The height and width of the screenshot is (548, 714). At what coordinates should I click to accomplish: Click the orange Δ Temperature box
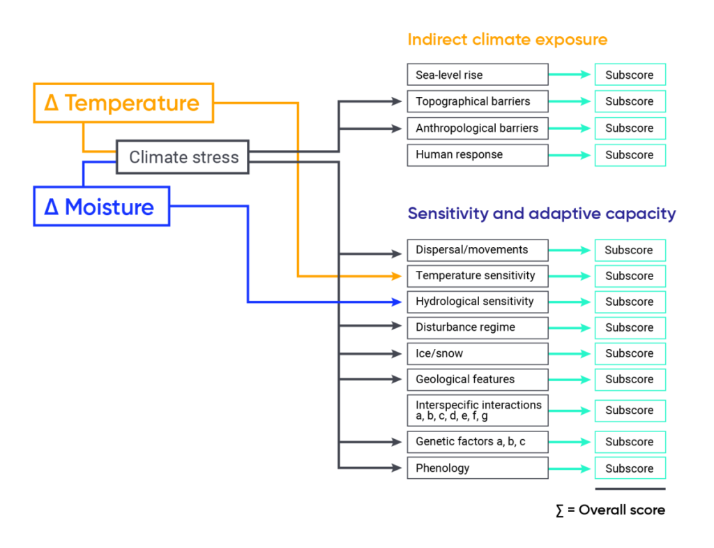coord(123,103)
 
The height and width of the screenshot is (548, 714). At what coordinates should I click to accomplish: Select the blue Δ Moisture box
coord(102,207)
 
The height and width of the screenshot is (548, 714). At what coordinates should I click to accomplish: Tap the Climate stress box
coord(183,157)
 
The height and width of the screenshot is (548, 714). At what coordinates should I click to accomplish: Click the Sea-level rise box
coord(477,75)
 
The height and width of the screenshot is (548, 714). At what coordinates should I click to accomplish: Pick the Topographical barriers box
coord(477,101)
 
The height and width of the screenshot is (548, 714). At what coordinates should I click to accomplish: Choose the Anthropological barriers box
coord(477,128)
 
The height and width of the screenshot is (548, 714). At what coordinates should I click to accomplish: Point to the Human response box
coord(477,155)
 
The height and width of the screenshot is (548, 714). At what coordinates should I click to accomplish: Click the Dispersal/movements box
coord(477,250)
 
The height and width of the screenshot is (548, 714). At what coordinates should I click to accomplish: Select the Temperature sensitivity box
coord(477,276)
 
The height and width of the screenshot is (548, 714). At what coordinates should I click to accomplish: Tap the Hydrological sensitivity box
coord(477,302)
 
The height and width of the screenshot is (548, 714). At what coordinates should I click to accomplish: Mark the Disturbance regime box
coord(477,327)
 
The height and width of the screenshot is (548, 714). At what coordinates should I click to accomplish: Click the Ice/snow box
coord(477,353)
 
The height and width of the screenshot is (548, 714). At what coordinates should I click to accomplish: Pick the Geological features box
coord(477,379)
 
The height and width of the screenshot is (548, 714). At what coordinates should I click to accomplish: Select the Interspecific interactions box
coord(477,410)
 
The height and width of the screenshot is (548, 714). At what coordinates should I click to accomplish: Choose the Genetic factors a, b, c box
coord(477,442)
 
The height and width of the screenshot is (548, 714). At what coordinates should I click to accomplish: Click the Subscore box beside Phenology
coord(630,468)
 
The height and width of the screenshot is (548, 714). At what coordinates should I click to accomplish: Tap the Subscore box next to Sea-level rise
coord(630,75)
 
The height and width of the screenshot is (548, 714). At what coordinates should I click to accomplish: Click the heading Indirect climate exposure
coord(507,40)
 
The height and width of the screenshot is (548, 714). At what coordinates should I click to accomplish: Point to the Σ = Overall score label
coord(610,510)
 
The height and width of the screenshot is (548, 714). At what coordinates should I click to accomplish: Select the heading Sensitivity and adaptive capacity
coord(541,214)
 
